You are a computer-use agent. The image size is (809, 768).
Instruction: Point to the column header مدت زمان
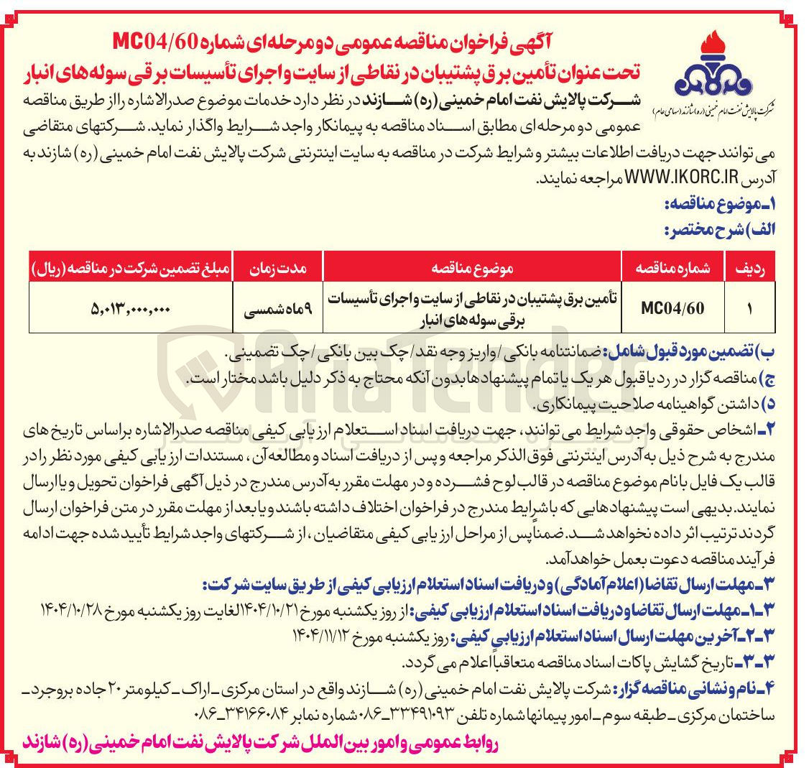(277, 268)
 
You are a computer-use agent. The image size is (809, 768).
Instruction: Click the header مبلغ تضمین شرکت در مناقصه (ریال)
(131, 268)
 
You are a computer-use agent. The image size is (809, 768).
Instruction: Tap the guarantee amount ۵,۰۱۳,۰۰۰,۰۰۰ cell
(131, 309)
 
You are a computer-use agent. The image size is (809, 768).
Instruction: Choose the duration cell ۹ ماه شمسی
(277, 309)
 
